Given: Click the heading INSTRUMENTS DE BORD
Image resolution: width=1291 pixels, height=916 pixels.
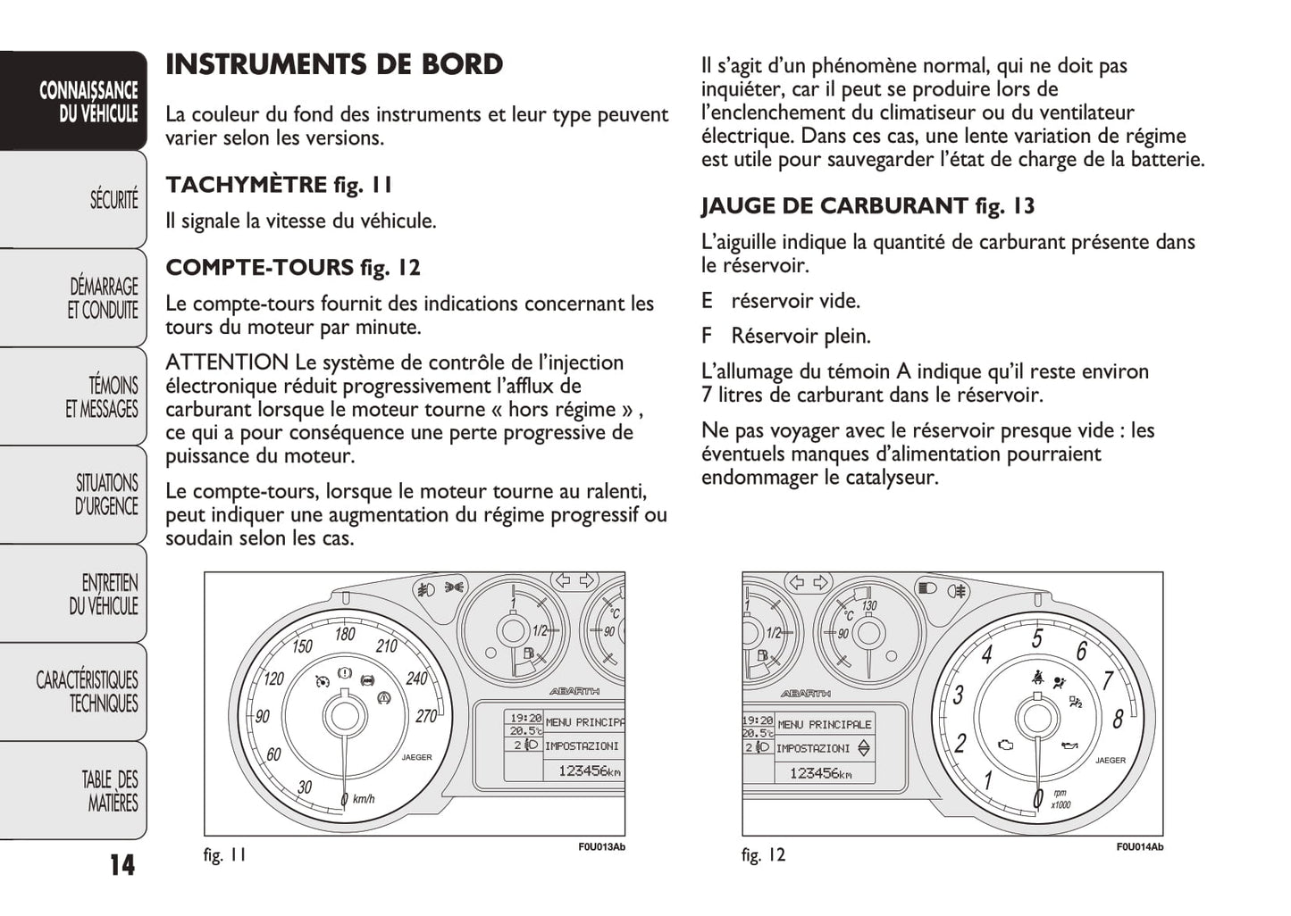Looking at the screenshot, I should [334, 65].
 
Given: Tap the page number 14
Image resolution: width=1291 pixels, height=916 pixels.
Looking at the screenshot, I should [122, 864].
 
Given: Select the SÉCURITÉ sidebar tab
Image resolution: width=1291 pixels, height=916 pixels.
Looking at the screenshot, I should [113, 199].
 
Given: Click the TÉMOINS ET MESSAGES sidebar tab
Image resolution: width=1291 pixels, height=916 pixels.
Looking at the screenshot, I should [102, 397].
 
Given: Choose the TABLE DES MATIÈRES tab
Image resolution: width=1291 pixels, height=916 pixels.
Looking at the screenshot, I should [111, 791].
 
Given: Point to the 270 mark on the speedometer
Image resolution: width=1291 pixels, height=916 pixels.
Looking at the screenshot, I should [426, 716].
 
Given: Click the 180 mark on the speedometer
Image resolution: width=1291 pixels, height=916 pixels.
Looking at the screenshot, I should [345, 635].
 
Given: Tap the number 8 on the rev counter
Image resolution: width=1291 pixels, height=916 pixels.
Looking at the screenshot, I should [1118, 718].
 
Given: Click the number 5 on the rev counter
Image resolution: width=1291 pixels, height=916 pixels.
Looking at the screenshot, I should [1037, 639].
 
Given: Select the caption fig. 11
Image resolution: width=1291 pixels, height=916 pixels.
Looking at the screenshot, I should [224, 855].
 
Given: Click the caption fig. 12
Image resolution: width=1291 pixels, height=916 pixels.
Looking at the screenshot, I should [763, 855].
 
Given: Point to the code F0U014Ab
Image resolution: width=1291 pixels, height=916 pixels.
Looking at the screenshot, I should [1139, 847].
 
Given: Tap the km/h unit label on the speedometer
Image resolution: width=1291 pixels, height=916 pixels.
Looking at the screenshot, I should [364, 799].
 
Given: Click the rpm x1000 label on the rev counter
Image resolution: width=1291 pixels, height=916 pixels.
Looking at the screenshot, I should [1060, 799].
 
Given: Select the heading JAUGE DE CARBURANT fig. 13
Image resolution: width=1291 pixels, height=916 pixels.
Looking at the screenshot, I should [868, 206].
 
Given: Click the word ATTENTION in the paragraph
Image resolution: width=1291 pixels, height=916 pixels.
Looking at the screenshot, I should [227, 363].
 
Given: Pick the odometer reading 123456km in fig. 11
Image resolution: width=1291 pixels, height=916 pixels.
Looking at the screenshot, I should [589, 770].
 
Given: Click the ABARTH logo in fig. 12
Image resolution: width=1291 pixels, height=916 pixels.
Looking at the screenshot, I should [805, 694].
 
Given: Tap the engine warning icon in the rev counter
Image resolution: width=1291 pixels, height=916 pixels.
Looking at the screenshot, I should [1005, 745].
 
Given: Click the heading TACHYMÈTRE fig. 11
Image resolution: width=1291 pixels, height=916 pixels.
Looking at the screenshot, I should [279, 186].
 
